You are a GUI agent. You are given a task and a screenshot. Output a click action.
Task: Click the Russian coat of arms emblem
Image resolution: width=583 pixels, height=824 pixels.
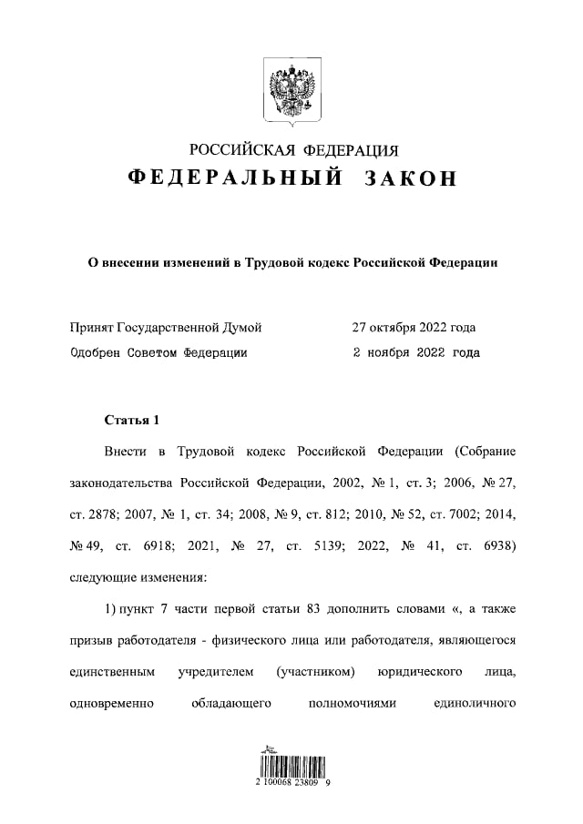[291, 90]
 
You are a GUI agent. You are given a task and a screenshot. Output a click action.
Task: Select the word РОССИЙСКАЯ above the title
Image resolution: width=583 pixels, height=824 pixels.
[240, 150]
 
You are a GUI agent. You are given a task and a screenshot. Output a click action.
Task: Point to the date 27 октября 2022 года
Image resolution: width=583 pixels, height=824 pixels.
[414, 327]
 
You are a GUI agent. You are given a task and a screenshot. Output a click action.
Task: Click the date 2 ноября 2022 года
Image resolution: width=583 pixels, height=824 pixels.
[414, 351]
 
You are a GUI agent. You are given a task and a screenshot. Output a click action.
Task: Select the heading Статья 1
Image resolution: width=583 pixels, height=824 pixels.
[132, 420]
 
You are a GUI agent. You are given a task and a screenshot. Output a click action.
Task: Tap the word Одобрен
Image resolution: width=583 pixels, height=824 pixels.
[96, 351]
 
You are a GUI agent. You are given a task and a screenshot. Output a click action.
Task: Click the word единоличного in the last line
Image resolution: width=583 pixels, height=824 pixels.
[476, 702]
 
